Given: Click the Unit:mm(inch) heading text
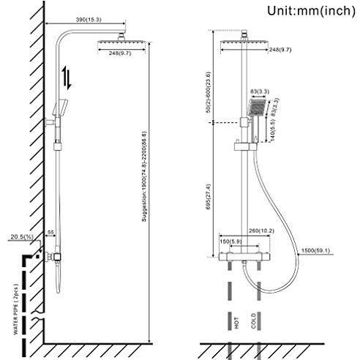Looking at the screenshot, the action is (x=311, y=11).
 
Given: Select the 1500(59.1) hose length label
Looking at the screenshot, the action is (x=315, y=250).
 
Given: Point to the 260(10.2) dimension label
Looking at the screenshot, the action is (x=261, y=230).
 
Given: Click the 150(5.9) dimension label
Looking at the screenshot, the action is (x=230, y=241).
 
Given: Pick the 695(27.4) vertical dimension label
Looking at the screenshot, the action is (x=209, y=197).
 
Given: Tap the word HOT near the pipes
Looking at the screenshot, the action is (x=236, y=323).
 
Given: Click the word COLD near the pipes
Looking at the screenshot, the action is (x=254, y=321).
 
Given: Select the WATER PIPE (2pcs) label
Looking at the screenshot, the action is (x=16, y=309).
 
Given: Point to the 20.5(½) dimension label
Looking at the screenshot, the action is (x=22, y=237).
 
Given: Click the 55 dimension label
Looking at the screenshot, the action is (x=50, y=233).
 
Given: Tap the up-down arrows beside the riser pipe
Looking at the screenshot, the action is (x=67, y=78).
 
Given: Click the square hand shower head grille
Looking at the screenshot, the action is (x=258, y=108).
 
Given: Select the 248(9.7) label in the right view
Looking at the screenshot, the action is (x=280, y=50).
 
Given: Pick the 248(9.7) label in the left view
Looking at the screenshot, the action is (x=120, y=53).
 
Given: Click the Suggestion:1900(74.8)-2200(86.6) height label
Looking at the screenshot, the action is (x=144, y=176).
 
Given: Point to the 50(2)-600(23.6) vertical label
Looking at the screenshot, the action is (x=208, y=92).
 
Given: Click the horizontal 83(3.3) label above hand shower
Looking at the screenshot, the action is (x=260, y=91).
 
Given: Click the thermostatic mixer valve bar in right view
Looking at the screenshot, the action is (x=244, y=257).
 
